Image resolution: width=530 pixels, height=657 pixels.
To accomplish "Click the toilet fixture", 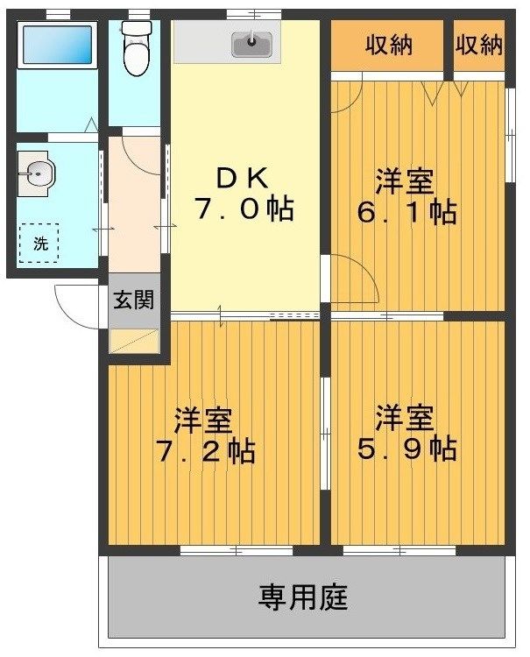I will (x=135, y=47).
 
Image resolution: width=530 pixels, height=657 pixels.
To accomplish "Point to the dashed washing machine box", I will (x=40, y=242).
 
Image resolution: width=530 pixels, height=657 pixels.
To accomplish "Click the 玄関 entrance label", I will (x=134, y=300).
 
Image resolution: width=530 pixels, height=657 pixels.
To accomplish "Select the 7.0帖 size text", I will (x=243, y=210).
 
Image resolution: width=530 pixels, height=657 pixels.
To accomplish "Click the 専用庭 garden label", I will (x=303, y=598).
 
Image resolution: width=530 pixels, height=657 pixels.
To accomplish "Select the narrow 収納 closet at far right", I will (x=479, y=45).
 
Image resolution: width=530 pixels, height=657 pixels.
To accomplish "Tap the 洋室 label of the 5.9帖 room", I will (x=405, y=416).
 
